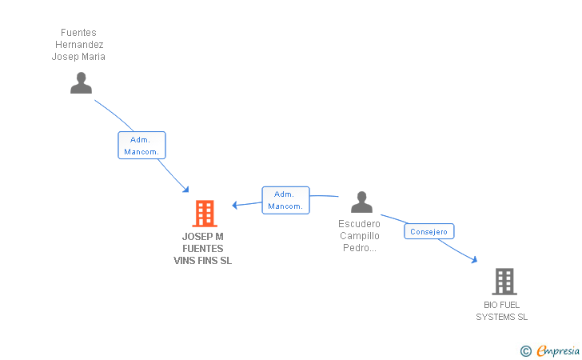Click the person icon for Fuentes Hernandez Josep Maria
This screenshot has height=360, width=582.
coord(81,82)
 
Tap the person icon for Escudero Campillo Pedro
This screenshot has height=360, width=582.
coord(361,202)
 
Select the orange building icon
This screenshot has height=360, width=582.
coord(205,214)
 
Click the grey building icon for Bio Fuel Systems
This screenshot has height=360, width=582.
coord(504,282)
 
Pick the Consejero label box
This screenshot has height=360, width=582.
coord(429,231)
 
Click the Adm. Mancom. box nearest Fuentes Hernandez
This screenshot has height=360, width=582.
coord(142,146)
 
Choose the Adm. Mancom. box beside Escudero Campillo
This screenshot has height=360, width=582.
coord(285,200)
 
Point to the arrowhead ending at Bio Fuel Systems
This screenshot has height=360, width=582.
coord(474,260)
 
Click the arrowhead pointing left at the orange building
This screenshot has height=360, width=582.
coord(235,205)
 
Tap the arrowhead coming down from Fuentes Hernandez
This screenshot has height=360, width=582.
coord(185,190)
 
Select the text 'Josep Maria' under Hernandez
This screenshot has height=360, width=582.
coord(78,57)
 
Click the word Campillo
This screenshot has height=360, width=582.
coord(359,236)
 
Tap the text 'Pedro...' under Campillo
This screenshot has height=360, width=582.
coord(359,248)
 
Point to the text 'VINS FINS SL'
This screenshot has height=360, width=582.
coord(203,261)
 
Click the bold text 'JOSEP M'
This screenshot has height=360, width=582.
coord(203,237)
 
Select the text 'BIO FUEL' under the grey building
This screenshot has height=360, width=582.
coord(502,305)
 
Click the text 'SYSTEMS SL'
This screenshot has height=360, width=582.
coord(502,317)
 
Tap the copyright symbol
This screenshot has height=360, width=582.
coord(525,350)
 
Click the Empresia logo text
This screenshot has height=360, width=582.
coord(558,350)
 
